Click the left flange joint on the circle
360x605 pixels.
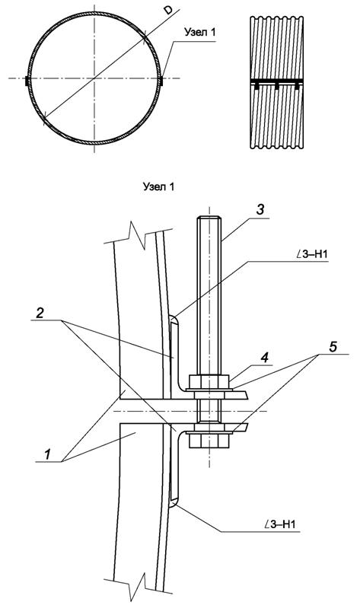[27, 79]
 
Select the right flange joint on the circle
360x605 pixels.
[161, 79]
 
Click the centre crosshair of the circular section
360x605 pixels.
[94, 79]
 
